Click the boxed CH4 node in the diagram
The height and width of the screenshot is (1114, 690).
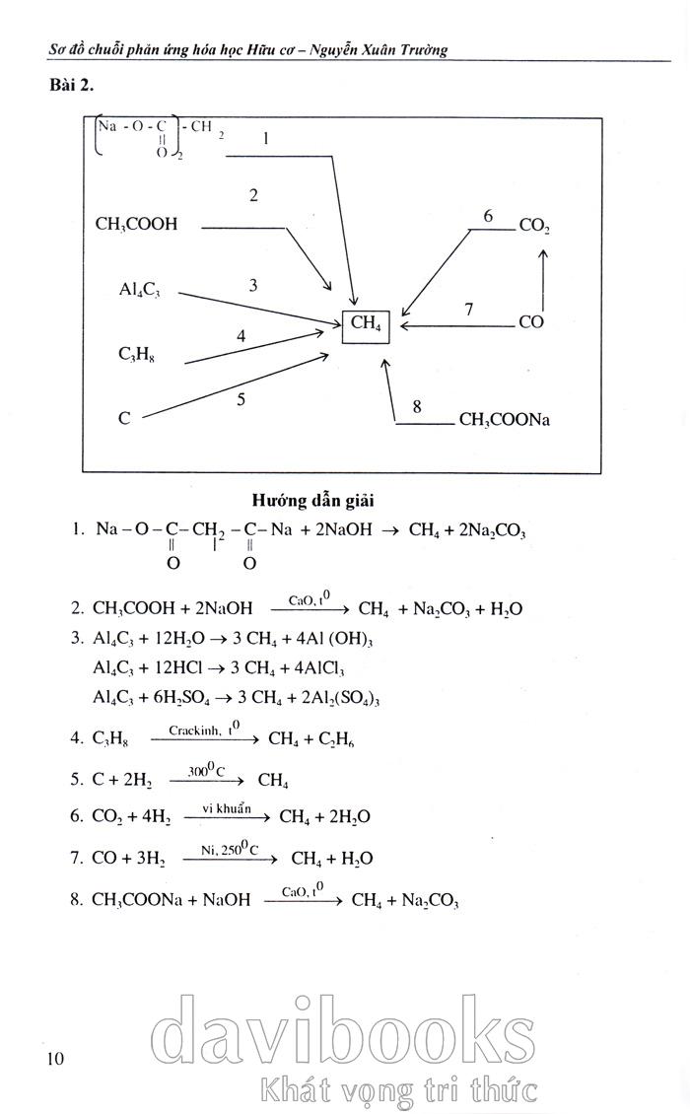pos(366,323)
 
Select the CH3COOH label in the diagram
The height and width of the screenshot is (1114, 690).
pos(136,224)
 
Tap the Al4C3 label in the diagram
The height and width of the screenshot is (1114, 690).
pos(139,289)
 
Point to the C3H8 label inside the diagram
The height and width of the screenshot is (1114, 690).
pos(135,354)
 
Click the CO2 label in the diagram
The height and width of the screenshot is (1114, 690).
pos(534,226)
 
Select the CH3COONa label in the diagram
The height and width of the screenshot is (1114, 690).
pos(504,420)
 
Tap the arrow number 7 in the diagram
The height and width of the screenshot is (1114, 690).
pos(468,310)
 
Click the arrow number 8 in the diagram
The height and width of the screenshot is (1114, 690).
pos(417,405)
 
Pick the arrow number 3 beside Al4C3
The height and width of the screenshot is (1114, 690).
pos(253,285)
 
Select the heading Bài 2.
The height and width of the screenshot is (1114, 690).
pos(70,86)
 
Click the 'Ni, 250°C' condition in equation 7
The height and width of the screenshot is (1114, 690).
pos(230,848)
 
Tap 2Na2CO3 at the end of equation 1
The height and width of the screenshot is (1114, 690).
pos(487,530)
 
